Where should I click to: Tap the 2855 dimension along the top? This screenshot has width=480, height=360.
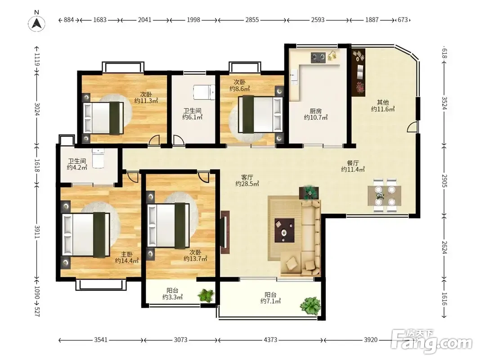pos(252,20)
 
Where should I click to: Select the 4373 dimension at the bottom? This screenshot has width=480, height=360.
pos(270,340)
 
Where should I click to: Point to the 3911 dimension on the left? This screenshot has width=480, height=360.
pos(37,232)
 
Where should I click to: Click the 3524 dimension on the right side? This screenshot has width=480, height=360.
pos(444,103)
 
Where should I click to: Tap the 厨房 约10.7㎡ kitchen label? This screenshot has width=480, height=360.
pos(316,114)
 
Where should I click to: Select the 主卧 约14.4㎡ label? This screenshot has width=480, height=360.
pos(127,257)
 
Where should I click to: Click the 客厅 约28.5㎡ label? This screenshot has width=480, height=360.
pos(247,180)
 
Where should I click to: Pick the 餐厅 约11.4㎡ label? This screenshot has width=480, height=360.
pos(353,166)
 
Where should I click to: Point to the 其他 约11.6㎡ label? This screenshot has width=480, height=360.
pos(383,106)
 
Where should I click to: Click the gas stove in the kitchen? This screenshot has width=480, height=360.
pos(319,57)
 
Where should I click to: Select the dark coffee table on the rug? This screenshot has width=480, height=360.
pos(284,230)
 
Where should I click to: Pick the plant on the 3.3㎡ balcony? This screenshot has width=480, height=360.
pos(206,295)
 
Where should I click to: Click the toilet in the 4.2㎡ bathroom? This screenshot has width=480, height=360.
pos(98,158)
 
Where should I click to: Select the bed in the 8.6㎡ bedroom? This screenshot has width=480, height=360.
pos(260,114)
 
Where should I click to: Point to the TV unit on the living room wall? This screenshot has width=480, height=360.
pos(224,232)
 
